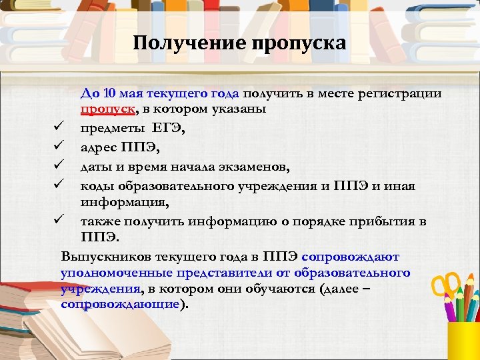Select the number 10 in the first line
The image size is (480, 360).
[111, 94]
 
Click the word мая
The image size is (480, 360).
[135, 94]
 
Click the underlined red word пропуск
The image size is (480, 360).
[104, 109]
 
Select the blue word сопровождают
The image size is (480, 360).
[350, 257]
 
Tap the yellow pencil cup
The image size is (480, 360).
[463, 340]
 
